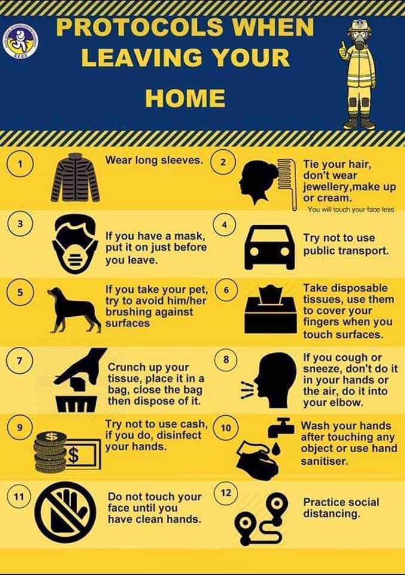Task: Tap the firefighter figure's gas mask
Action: (359, 40)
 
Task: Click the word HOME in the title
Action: (185, 98)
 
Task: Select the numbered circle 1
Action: (20, 164)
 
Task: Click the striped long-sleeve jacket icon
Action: (75, 177)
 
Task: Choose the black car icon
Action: (269, 248)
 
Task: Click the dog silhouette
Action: (74, 310)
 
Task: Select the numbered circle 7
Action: (20, 360)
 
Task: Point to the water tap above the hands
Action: (281, 426)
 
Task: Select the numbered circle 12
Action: (226, 492)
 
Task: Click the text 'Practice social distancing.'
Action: (341, 508)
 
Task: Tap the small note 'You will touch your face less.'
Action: (351, 210)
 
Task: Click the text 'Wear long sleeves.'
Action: (154, 161)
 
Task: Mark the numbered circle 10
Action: (226, 427)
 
